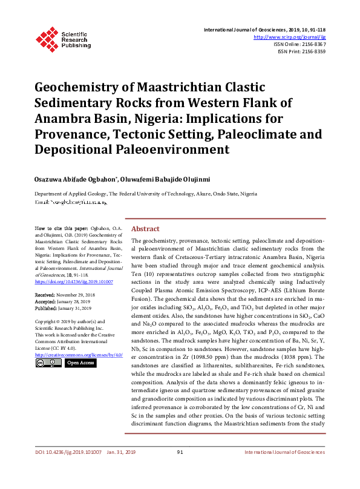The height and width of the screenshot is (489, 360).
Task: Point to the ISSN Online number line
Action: [299, 44]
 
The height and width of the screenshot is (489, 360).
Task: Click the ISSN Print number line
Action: [301, 51]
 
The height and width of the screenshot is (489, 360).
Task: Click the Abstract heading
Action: [145, 229]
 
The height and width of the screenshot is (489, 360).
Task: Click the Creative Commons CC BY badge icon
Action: [48, 363]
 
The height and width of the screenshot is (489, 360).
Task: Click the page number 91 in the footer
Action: [180, 470]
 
